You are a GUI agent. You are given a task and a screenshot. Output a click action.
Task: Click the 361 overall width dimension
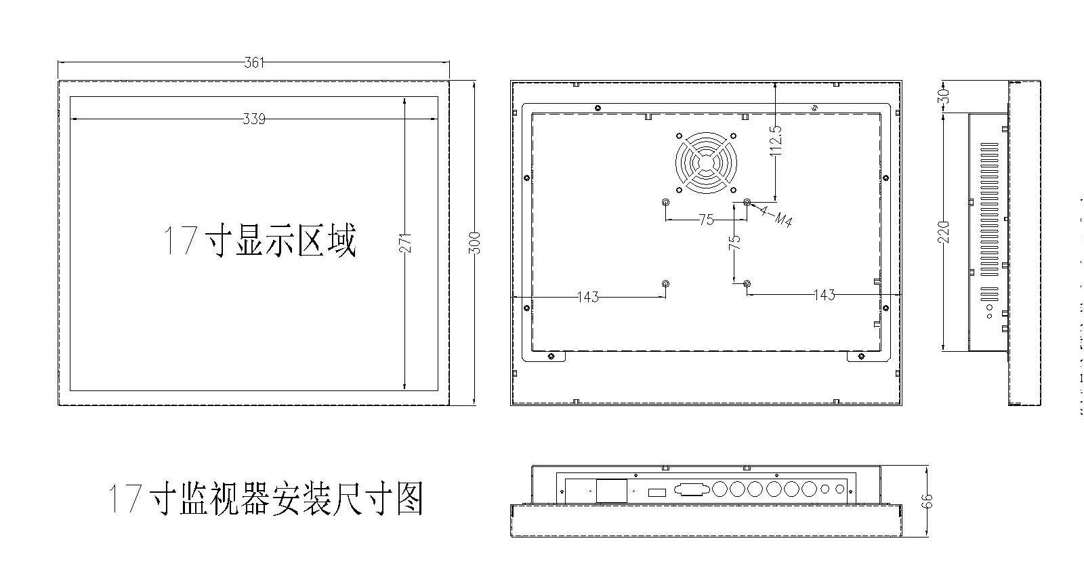(253, 63)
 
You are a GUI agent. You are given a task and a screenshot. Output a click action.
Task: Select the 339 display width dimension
(253, 119)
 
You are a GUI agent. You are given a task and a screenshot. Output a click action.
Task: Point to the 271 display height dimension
(405, 243)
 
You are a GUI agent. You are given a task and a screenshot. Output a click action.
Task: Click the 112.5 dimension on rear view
(776, 141)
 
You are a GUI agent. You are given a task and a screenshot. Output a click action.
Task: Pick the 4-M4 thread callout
(776, 216)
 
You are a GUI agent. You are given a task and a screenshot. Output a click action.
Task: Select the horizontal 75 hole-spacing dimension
(706, 220)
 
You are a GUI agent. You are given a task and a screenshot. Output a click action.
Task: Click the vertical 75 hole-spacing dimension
(735, 242)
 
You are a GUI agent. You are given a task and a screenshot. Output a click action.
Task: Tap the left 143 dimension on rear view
(587, 296)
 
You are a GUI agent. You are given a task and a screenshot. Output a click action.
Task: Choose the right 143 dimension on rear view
(823, 295)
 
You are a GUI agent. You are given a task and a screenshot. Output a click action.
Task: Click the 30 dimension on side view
(946, 96)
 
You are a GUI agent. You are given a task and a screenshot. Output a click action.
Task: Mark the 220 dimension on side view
(946, 232)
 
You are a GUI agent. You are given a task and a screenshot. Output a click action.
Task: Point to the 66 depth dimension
(927, 501)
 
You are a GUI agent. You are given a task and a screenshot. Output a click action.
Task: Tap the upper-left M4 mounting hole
(665, 203)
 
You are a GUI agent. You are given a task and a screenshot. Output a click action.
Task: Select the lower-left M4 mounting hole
(665, 284)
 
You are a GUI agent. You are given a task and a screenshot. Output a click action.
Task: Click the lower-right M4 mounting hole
(747, 284)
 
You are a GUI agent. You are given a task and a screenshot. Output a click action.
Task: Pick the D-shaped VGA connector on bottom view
(691, 489)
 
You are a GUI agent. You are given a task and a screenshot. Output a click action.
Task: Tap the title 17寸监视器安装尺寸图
(266, 500)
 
